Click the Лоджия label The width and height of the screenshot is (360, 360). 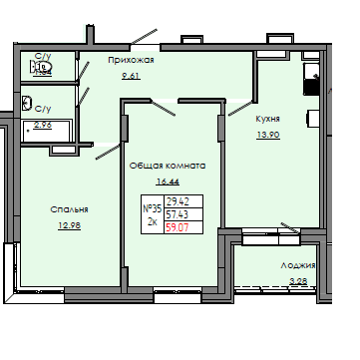(297, 266)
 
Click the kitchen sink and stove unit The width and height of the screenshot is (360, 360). (312, 80)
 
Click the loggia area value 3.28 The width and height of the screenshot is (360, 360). (298, 282)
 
